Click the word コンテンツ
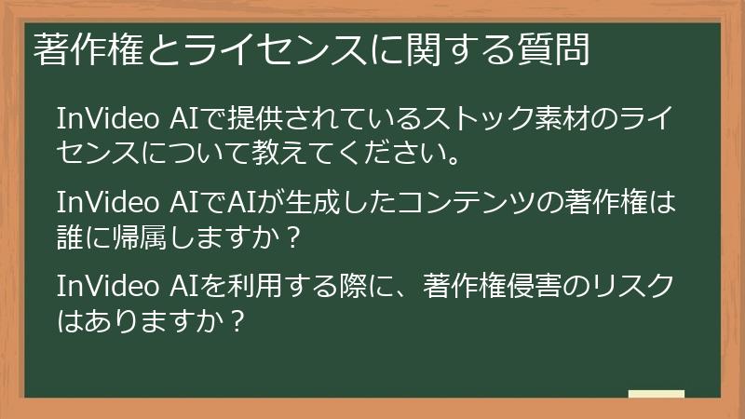463,204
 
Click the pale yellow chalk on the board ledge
656,394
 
